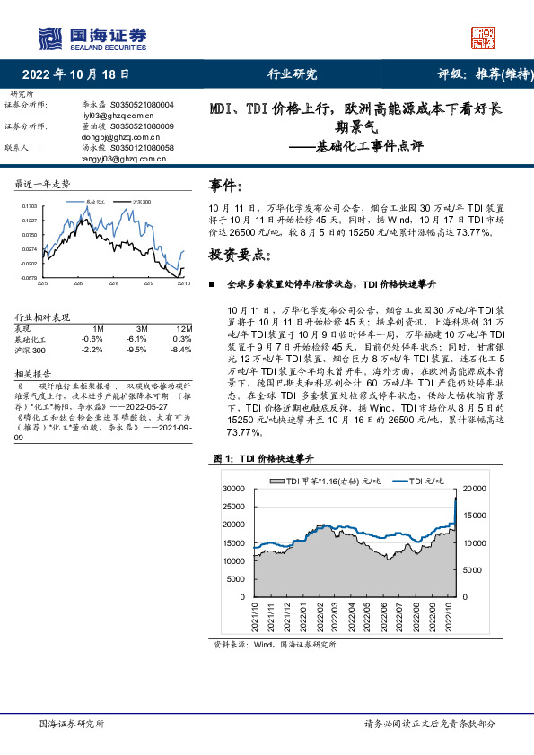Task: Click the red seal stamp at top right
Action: pyautogui.click(x=483, y=37)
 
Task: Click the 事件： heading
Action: pyautogui.click(x=225, y=186)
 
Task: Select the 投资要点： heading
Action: pyautogui.click(x=238, y=255)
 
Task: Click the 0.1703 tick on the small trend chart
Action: pyautogui.click(x=30, y=206)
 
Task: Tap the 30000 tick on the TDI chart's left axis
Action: pyautogui.click(x=232, y=489)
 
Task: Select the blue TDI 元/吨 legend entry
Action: pyautogui.click(x=420, y=482)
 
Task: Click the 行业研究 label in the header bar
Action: pyautogui.click(x=293, y=75)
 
